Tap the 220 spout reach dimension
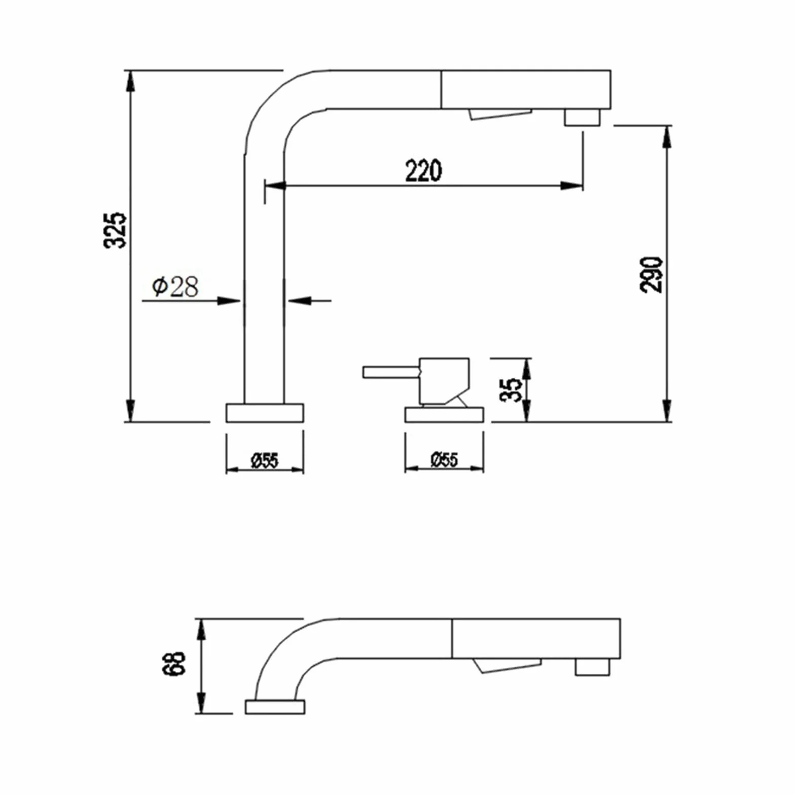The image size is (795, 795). (423, 170)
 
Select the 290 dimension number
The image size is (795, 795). (652, 274)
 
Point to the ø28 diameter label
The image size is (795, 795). (175, 287)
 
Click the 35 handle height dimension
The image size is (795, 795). (511, 390)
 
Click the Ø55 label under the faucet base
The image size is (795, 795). (265, 460)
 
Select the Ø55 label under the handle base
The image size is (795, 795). (444, 459)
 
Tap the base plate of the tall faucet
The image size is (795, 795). (265, 413)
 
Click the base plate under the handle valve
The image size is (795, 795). (444, 415)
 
